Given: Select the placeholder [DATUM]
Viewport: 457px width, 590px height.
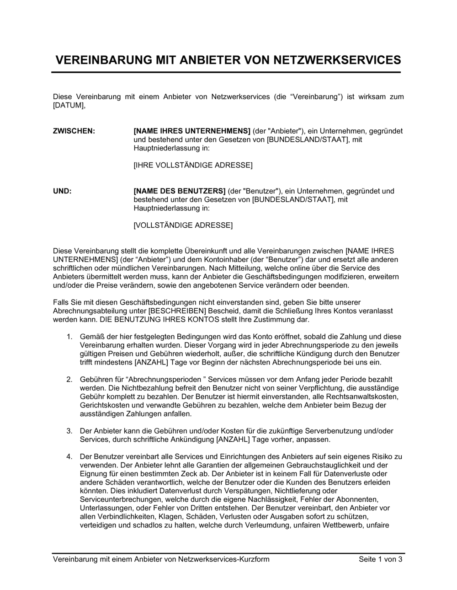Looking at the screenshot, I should [x=69, y=105].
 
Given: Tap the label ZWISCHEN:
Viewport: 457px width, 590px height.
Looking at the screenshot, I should [x=74, y=131].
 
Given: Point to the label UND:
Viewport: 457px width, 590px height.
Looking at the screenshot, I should [x=63, y=191].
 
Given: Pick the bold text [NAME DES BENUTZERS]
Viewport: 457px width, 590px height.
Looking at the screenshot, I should [x=180, y=191].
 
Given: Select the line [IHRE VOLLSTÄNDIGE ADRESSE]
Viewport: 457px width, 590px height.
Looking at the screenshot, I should [x=193, y=165].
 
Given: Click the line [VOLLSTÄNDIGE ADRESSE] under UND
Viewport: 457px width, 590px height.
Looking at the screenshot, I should [x=183, y=225].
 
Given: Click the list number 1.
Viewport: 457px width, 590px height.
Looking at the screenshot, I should [x=69, y=337].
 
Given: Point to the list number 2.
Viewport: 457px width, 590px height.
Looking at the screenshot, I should [x=69, y=380].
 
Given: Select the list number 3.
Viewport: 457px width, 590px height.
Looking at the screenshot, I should [x=69, y=431].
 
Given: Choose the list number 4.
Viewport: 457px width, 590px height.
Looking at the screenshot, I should [x=69, y=456].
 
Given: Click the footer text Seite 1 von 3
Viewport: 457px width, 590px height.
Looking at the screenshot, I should [x=381, y=559].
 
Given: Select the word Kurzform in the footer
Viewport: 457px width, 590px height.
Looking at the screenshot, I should [x=253, y=559].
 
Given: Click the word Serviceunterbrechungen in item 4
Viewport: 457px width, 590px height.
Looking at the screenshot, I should [x=117, y=499].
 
